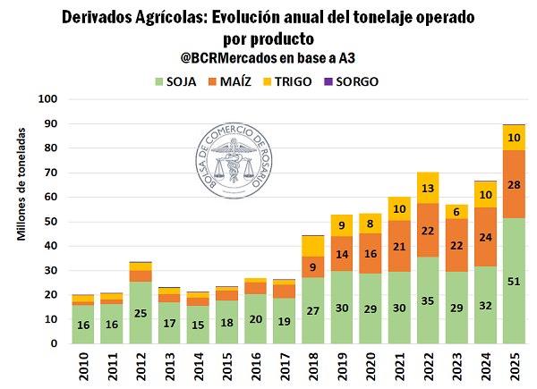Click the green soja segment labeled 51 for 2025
coord(514,281)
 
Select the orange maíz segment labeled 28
coord(514,183)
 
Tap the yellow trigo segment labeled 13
coord(428,188)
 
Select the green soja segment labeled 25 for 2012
coord(141,313)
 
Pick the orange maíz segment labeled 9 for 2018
coord(313,266)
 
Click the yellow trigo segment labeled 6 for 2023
coord(456,211)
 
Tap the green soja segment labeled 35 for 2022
coord(428,300)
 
